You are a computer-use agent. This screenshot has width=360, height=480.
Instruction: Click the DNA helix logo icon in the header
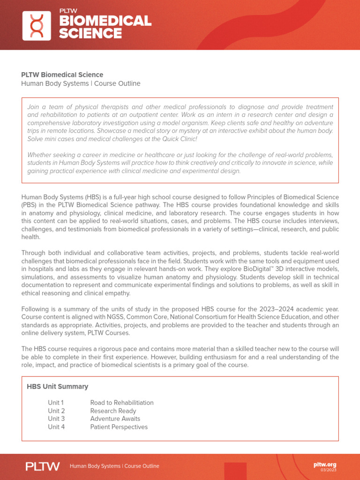pos(37,25)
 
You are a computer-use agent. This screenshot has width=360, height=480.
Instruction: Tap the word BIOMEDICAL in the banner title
pos(105,21)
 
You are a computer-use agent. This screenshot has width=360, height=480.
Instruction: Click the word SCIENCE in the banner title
pos(90,34)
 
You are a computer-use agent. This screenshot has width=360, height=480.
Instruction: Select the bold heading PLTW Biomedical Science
pos(62,75)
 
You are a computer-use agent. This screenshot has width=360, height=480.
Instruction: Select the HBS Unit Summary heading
pos(58,387)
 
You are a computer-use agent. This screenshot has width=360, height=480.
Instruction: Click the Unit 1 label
pos(56,403)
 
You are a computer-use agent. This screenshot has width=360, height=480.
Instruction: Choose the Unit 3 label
pos(56,419)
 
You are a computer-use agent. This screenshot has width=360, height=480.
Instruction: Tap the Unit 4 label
pos(56,427)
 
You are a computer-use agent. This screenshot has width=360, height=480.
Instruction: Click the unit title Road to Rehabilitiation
pos(122,403)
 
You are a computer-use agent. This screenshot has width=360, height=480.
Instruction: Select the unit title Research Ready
pos(113,411)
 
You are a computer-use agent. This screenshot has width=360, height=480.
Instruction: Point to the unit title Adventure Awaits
pos(115,419)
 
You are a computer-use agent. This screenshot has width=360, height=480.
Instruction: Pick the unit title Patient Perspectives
pos(119,427)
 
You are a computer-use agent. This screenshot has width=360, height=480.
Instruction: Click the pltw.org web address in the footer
pos(325,465)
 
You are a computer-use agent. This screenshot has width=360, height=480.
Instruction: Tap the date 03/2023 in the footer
pos(328,470)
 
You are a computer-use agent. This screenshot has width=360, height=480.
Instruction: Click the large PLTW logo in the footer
pos(43,466)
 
